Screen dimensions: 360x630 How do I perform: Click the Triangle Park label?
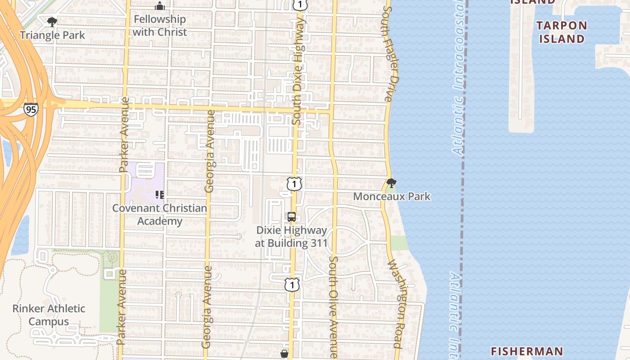[x=52, y=35]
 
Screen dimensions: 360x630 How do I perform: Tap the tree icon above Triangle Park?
[x=52, y=21]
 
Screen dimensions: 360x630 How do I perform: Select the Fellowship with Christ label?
[x=159, y=26]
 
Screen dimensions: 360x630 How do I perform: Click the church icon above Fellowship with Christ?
[x=159, y=6]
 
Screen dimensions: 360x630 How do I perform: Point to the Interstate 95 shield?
[x=31, y=109]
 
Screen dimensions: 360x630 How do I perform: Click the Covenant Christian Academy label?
[x=160, y=215]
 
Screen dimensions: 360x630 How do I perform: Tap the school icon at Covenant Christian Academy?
[x=159, y=194]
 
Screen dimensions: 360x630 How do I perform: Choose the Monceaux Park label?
[x=391, y=197]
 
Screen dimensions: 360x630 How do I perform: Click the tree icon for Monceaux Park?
[x=391, y=183]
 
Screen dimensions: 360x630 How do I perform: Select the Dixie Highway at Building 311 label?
[x=292, y=236]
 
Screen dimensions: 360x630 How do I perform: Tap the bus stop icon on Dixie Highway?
[x=292, y=217]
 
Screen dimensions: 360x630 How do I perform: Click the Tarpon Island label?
[x=562, y=32]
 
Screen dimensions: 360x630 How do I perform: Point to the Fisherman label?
[x=526, y=351]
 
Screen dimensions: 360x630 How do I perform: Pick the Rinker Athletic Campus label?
[x=49, y=315]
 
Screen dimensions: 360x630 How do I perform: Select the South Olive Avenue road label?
[x=333, y=307]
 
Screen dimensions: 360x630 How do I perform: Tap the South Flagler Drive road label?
[x=390, y=54]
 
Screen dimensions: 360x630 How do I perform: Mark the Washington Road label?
[x=395, y=304]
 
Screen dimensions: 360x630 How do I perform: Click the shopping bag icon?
[x=284, y=354]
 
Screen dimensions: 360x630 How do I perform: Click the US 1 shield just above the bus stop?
[x=294, y=184]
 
